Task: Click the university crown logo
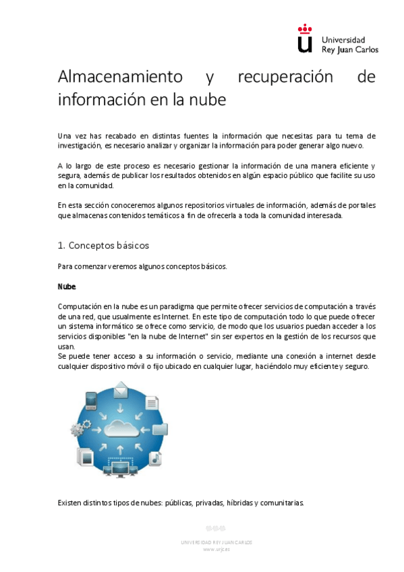(306, 39)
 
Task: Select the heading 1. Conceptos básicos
(103, 246)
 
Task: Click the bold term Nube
(67, 287)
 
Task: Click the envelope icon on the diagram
(121, 390)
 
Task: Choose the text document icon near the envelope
(150, 401)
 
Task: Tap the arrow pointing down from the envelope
(121, 407)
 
